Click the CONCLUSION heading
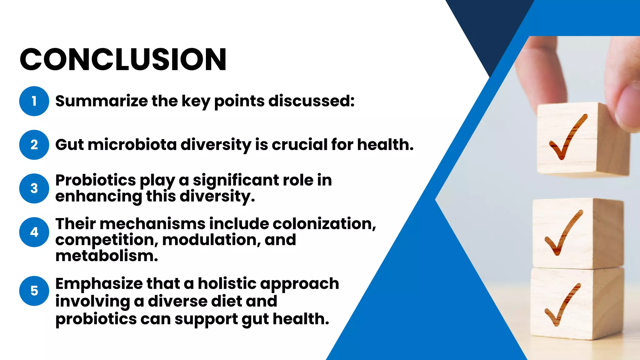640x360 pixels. tap(123, 59)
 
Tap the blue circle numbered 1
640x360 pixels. tap(34, 101)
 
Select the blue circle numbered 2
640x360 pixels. tap(34, 145)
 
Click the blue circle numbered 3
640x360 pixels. tap(34, 188)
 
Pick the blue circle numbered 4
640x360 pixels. tap(34, 232)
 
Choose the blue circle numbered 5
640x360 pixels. tap(34, 291)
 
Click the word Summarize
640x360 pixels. tap(101, 101)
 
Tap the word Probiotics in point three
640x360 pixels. tap(95, 180)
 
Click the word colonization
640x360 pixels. tap(324, 224)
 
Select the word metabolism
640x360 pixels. tap(107, 256)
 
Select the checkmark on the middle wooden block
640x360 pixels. tap(563, 233)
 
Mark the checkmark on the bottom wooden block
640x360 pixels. tap(562, 305)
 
